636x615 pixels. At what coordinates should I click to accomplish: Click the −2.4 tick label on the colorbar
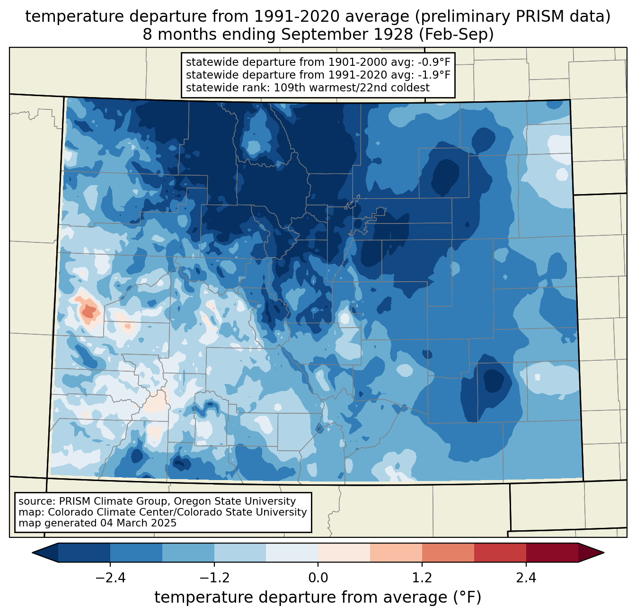tap(110, 578)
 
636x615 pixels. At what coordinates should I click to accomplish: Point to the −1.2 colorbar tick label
tap(214, 578)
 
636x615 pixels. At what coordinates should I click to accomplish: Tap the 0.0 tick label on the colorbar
tap(318, 578)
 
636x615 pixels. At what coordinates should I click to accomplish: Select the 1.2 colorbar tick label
tap(422, 578)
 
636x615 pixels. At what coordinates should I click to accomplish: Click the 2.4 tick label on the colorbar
tap(526, 578)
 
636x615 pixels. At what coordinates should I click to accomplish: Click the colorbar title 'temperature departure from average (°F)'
tap(318, 597)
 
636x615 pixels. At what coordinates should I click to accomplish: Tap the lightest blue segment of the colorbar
tap(292, 553)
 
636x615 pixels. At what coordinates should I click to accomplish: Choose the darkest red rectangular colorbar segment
tap(552, 553)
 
